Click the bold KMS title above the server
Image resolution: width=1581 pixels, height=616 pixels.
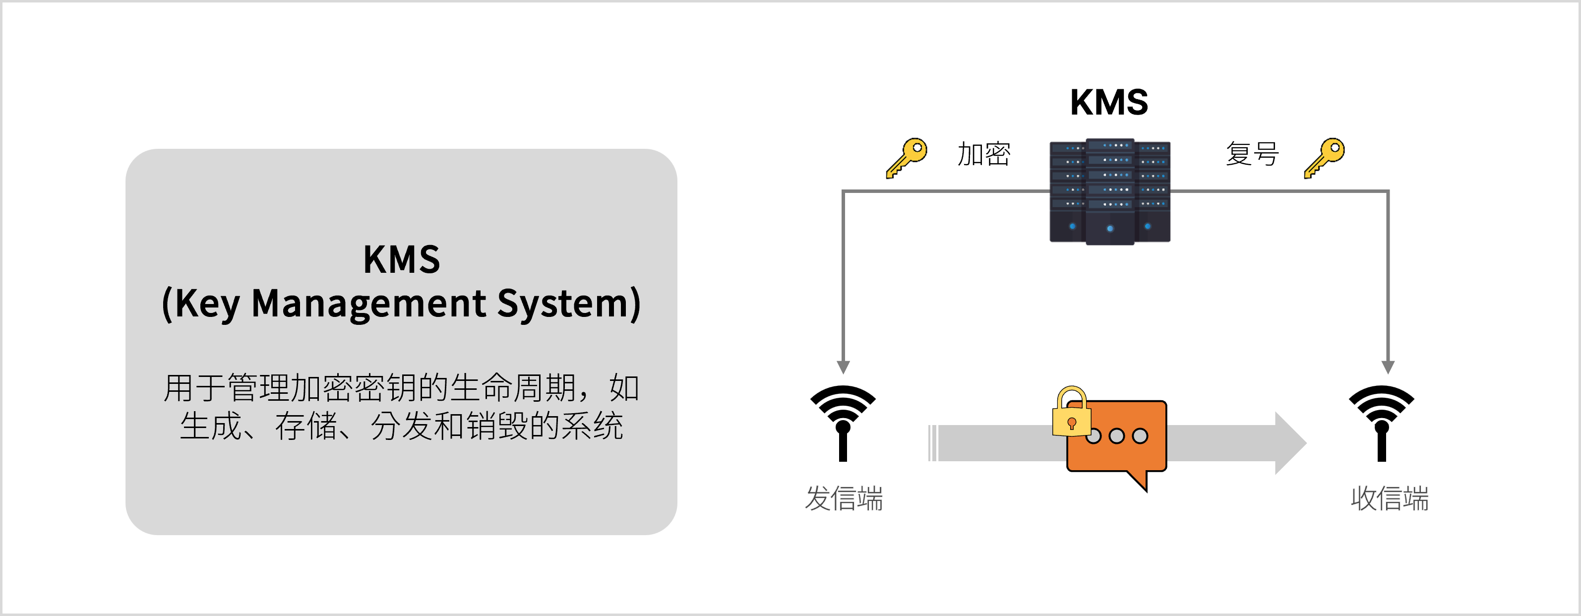[1108, 102]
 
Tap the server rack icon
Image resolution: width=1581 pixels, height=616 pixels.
[1110, 191]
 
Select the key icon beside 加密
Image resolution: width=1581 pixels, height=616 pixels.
[906, 158]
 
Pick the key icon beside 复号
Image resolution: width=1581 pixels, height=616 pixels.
[1324, 158]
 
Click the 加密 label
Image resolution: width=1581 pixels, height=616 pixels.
[984, 154]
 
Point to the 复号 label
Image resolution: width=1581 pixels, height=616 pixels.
[1252, 154]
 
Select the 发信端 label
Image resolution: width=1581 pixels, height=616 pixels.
[844, 498]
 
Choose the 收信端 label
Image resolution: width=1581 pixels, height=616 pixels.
[1390, 498]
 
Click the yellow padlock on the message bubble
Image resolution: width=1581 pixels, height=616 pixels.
[1071, 414]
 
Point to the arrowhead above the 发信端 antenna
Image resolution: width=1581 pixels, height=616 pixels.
[843, 367]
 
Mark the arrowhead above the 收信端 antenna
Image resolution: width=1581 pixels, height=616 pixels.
[1388, 367]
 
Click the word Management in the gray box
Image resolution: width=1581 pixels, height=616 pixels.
[369, 304]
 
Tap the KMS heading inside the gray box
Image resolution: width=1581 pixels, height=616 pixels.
[401, 259]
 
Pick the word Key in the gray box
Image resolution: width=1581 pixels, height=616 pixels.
[206, 304]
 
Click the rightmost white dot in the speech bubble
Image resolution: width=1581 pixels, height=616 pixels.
[1140, 436]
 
